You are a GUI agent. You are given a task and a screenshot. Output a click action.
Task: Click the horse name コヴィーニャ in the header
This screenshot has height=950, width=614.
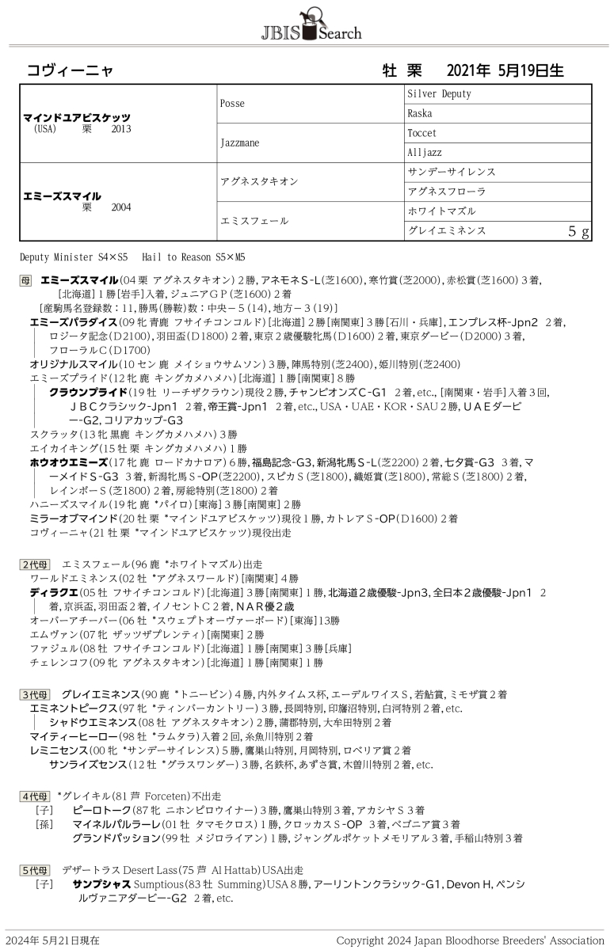71,70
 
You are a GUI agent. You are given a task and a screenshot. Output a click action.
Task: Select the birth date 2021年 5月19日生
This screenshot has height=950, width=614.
505,70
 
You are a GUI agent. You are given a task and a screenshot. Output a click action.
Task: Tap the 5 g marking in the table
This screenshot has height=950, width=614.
579,232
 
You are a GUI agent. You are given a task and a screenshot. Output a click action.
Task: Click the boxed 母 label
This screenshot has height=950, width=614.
26,281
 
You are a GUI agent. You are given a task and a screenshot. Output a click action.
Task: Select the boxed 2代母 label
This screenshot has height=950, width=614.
35,564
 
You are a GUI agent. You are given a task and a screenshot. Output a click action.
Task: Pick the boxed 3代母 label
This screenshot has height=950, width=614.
35,694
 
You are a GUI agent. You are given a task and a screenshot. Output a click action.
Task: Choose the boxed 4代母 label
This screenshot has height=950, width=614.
35,796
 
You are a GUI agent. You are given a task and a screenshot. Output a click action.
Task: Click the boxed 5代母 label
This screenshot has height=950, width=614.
35,870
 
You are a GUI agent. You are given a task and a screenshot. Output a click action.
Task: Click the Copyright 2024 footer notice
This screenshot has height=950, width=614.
470,940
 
